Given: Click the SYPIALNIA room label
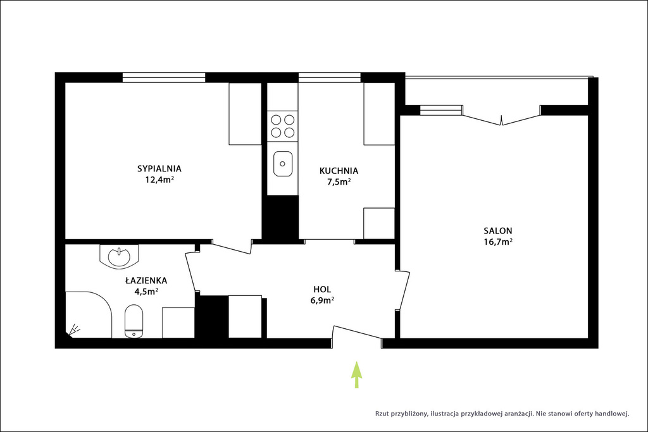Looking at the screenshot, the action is (x=159, y=168).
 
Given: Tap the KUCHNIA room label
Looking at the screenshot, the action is (x=339, y=171).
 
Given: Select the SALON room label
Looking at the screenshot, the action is (x=498, y=231).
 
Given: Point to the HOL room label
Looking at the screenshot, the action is (x=322, y=290).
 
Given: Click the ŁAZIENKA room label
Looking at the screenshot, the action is (x=146, y=280).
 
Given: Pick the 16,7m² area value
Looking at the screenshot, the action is (x=498, y=242).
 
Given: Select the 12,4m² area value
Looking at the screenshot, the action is (x=159, y=180).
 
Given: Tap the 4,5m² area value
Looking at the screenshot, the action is (x=146, y=292).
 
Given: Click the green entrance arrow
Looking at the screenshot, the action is (x=357, y=375).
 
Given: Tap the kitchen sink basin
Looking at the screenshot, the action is (x=283, y=164).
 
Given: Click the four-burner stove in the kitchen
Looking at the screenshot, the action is (x=282, y=126).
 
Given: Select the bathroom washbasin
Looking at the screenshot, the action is (x=120, y=256).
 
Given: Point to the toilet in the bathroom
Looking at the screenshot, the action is (x=134, y=321).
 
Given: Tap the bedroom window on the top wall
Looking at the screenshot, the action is (x=164, y=77).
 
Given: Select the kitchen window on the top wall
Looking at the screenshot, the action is (x=329, y=77).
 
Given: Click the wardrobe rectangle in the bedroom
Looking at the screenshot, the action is (x=245, y=114).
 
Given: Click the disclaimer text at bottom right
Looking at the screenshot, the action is (x=502, y=413).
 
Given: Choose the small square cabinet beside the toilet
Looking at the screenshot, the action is (x=178, y=323).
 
